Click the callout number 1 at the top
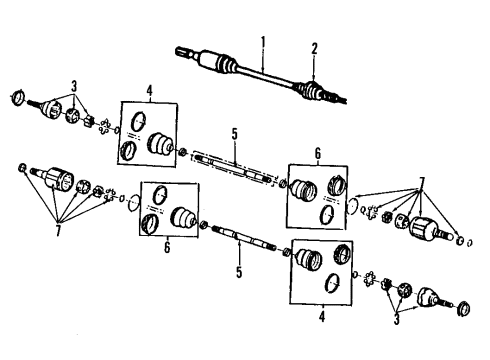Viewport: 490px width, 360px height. point(264,41)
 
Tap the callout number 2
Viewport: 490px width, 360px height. point(313,47)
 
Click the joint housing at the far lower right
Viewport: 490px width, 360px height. point(437,297)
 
